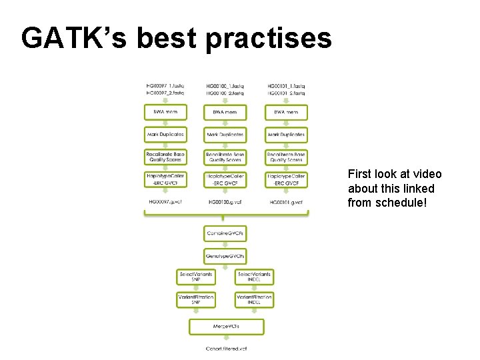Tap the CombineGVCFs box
click(x=225, y=234)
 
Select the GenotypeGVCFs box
click(x=225, y=256)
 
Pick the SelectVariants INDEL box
click(x=254, y=277)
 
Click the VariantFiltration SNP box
click(x=195, y=299)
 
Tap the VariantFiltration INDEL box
click(x=254, y=299)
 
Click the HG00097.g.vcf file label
click(x=165, y=202)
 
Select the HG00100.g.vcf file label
click(x=225, y=202)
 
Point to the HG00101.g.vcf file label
click(x=286, y=202)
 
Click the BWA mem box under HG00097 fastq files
click(x=165, y=112)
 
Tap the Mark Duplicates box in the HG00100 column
click(x=225, y=135)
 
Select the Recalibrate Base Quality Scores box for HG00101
click(x=286, y=157)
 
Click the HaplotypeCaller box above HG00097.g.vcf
click(x=165, y=179)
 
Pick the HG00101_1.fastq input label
click(x=286, y=86)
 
